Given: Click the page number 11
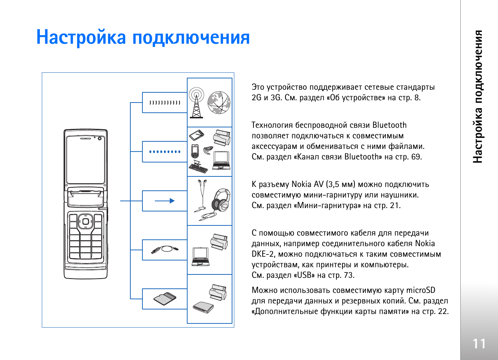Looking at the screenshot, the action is (479, 344).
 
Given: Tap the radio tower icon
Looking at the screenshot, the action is (196, 103).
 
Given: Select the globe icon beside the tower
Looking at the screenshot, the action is (219, 103).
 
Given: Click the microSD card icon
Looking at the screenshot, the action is (165, 299).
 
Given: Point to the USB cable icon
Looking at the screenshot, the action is (165, 250).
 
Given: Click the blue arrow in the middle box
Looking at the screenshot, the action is (165, 201).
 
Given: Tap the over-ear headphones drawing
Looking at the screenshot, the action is (221, 200).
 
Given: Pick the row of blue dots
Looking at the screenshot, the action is (165, 152).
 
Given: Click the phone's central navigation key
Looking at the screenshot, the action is (86, 221).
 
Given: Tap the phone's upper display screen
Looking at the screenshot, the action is (86, 160).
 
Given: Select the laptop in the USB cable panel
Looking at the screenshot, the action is (200, 257).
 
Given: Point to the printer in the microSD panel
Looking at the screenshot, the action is (218, 292).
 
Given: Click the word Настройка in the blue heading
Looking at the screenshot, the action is (81, 37).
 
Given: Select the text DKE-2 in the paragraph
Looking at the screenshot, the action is (263, 254).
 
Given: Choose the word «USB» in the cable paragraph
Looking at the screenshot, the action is (304, 275).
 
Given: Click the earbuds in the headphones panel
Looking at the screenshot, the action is (202, 196).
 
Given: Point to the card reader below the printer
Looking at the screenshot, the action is (203, 307).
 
